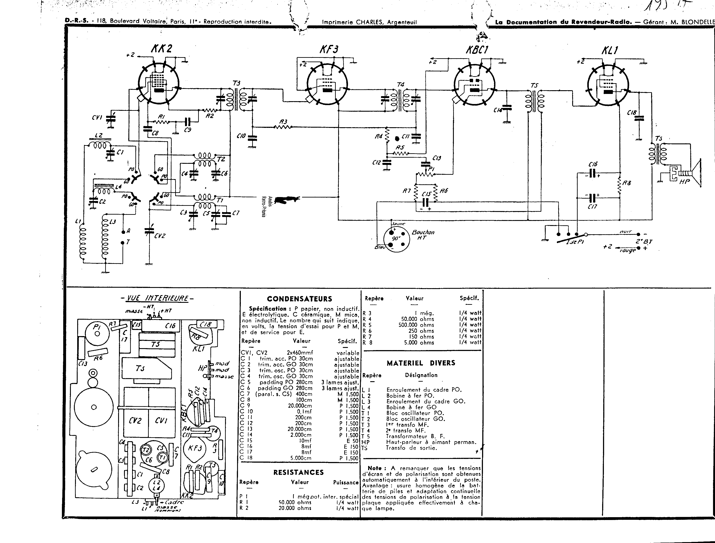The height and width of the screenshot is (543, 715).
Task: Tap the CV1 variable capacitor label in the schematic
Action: click(97, 117)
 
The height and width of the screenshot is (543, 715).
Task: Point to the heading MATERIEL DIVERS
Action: click(421, 363)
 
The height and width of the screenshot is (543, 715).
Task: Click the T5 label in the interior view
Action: click(156, 344)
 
